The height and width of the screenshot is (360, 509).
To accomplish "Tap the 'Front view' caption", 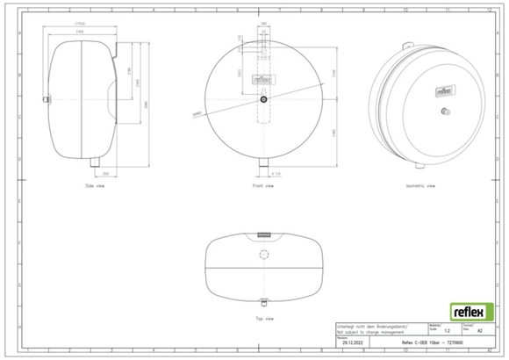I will tap(263, 187).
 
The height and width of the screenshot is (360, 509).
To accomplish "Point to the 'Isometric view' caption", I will tap(419, 187).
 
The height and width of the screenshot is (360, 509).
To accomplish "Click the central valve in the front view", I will tap(263, 100).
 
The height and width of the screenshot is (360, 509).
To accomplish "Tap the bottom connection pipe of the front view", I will tap(263, 166).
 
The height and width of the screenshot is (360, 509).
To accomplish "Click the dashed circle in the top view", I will tap(263, 254).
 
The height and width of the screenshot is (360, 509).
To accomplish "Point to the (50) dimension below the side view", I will tap(105, 176).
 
